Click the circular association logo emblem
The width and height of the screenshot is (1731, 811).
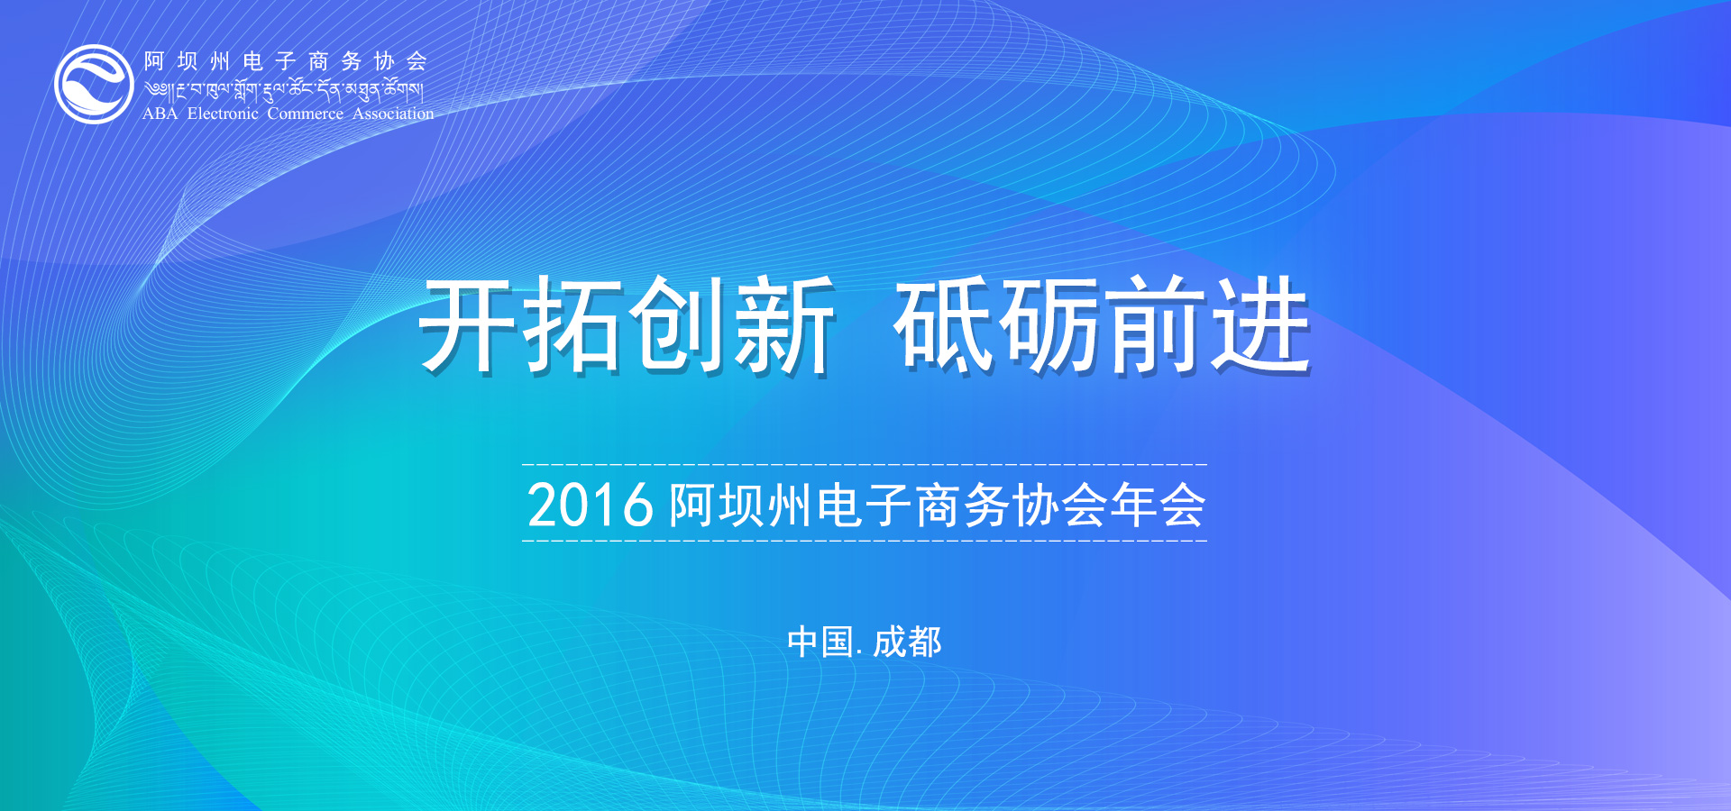[94, 84]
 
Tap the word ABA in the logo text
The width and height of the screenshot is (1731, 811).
[160, 114]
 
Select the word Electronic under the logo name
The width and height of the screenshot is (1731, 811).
[223, 114]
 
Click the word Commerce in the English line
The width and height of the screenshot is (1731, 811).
[305, 114]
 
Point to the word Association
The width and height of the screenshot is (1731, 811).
[393, 114]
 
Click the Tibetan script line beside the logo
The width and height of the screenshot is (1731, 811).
[284, 89]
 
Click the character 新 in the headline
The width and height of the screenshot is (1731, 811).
[783, 323]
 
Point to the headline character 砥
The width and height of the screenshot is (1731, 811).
[944, 323]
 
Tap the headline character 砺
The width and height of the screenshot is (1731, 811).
[1049, 323]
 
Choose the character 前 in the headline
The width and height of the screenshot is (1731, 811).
[1155, 323]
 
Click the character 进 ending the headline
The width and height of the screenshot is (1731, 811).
[1260, 323]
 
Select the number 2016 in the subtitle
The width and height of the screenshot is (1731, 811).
[590, 505]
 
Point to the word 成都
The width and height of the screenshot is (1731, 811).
[907, 642]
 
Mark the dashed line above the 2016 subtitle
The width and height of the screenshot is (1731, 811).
[865, 464]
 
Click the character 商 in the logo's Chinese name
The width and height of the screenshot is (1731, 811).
[318, 61]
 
